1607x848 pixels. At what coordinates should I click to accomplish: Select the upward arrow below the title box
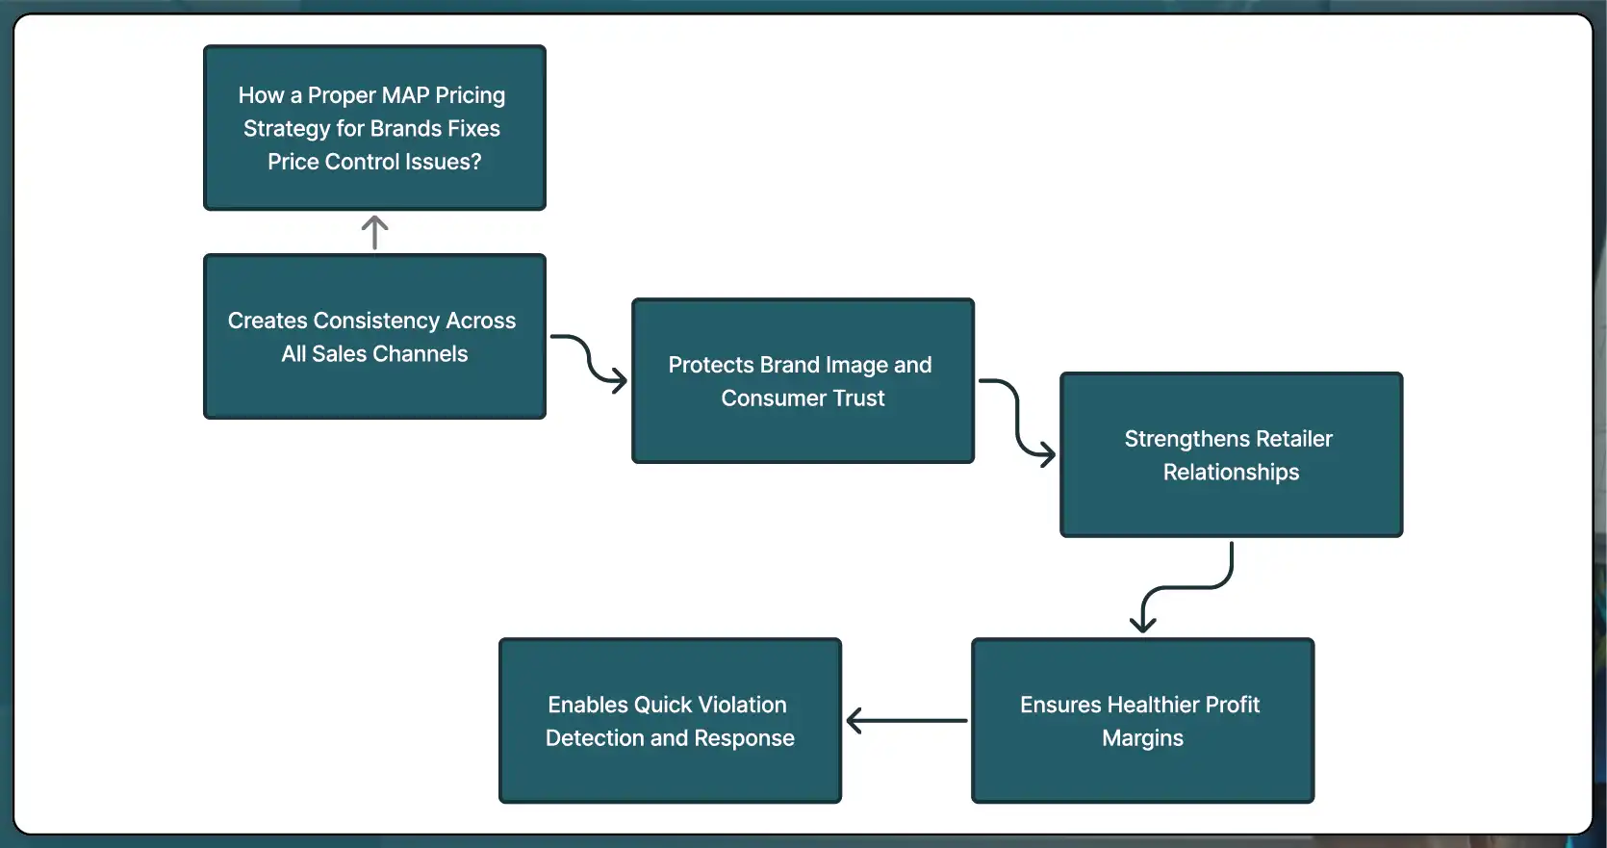(x=374, y=232)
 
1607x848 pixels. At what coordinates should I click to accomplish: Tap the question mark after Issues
(x=476, y=162)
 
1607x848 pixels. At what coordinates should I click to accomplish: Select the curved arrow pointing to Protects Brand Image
(x=590, y=363)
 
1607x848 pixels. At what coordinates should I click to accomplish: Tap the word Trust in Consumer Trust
(x=858, y=398)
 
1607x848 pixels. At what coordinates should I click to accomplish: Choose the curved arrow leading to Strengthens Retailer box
(x=1018, y=417)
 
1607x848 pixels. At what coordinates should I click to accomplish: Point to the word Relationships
(x=1231, y=473)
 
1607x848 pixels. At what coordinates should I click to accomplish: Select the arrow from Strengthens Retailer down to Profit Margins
(x=1185, y=587)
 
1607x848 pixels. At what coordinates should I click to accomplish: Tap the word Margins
(x=1142, y=738)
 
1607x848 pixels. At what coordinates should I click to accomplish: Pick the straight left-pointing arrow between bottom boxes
(x=906, y=720)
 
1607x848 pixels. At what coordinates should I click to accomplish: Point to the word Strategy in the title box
(x=287, y=129)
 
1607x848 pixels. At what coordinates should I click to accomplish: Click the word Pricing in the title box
(x=470, y=95)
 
